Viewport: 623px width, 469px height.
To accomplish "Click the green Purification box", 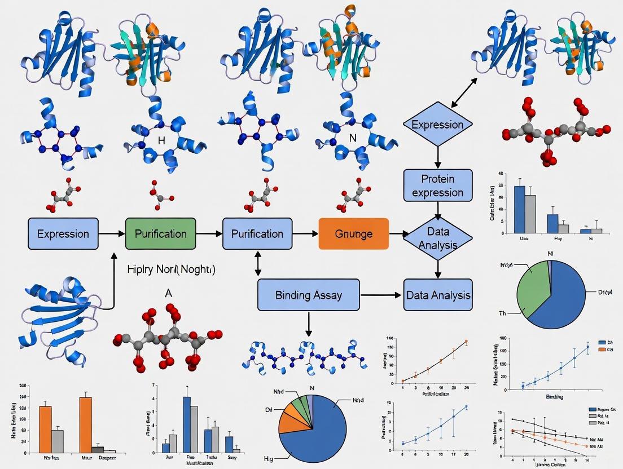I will pos(160,233).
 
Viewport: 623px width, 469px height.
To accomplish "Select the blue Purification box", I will pos(258,233).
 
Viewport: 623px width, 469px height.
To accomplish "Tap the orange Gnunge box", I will pos(354,233).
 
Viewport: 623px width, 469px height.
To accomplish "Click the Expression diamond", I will pos(438,125).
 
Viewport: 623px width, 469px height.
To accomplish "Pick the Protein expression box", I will pos(438,185).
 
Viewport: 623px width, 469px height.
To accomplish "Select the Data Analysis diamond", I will pos(438,238).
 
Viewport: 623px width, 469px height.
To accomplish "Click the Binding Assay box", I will pos(309,295).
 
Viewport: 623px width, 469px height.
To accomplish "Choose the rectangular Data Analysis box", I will pos(438,295).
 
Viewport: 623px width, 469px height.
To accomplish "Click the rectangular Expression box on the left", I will pos(63,233).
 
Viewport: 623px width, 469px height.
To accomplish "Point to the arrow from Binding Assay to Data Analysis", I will pos(381,295).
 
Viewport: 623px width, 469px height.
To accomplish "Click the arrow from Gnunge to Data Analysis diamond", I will pos(399,233).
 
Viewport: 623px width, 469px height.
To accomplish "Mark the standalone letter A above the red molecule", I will pos(168,293).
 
